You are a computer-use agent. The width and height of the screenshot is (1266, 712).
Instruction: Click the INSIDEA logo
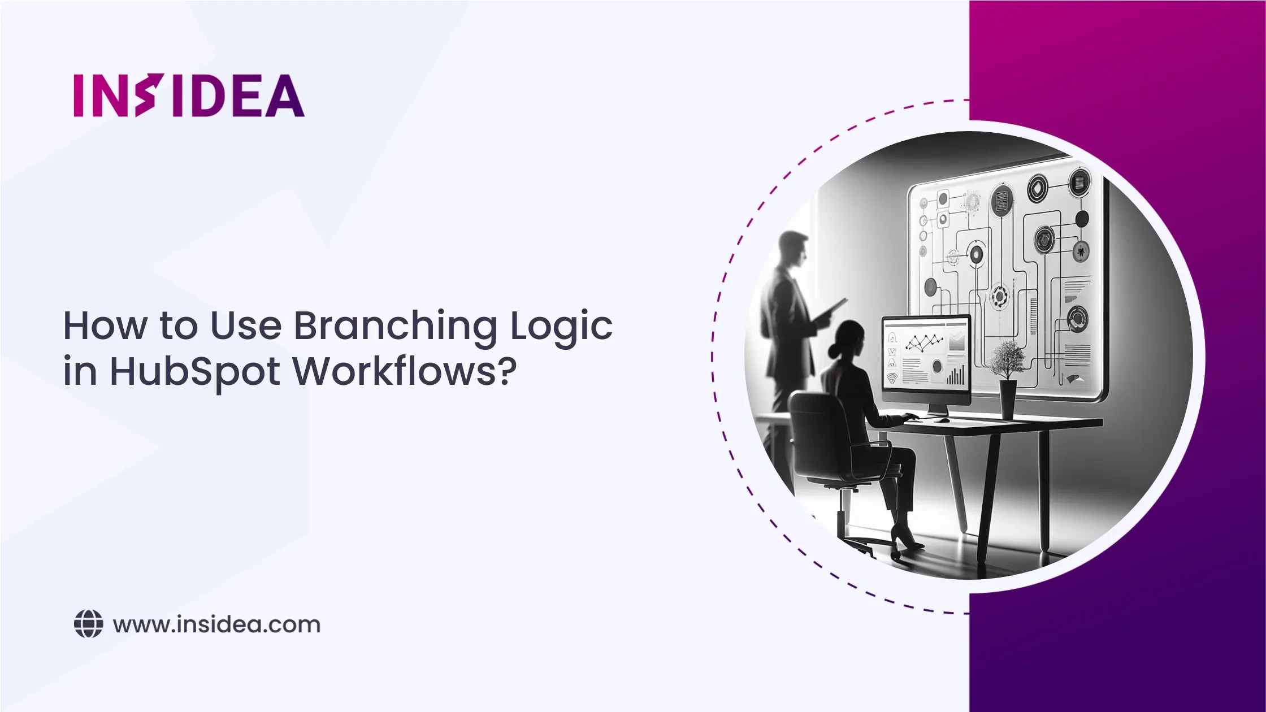(189, 95)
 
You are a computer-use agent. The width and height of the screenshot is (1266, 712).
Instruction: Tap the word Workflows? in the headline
(405, 372)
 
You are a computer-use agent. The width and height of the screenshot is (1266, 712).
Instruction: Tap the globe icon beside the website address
(89, 624)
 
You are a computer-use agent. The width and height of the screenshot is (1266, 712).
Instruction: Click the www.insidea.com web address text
(216, 624)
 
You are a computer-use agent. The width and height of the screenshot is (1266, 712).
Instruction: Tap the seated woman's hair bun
(834, 350)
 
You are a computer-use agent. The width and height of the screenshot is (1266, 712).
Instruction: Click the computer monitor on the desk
(926, 359)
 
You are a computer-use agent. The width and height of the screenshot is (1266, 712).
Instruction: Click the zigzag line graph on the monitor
(925, 341)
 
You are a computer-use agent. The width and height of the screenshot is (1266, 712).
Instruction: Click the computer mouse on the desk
(942, 419)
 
